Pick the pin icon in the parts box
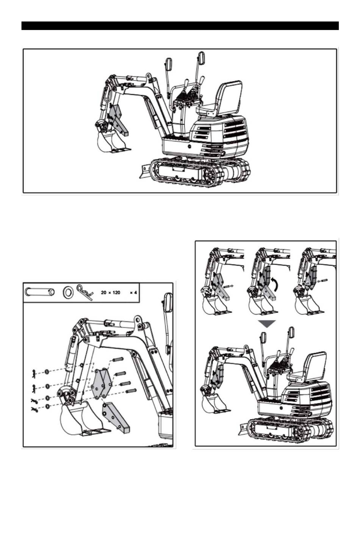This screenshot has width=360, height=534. [39, 292]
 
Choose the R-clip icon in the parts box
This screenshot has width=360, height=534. [85, 293]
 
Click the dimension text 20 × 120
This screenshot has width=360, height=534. [111, 292]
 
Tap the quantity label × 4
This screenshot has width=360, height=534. [133, 292]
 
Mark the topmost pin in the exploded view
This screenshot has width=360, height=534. [118, 358]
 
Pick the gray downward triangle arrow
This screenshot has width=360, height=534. [267, 324]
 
